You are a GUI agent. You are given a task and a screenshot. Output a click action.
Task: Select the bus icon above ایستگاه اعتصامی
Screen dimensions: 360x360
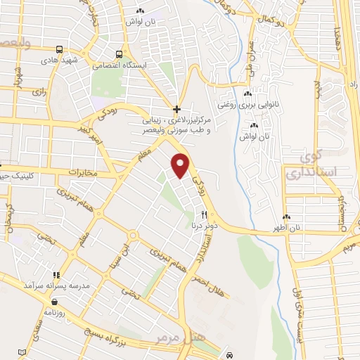click(x=120, y=54)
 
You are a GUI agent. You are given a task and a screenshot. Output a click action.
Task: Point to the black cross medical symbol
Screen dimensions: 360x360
click(x=176, y=109)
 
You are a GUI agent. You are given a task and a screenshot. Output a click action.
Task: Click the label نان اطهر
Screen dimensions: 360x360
click(x=287, y=228)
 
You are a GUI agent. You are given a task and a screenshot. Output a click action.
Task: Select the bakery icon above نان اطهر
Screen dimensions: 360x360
click(x=287, y=217)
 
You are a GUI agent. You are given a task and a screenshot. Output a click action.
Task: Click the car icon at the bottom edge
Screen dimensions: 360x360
click(x=231, y=355)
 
